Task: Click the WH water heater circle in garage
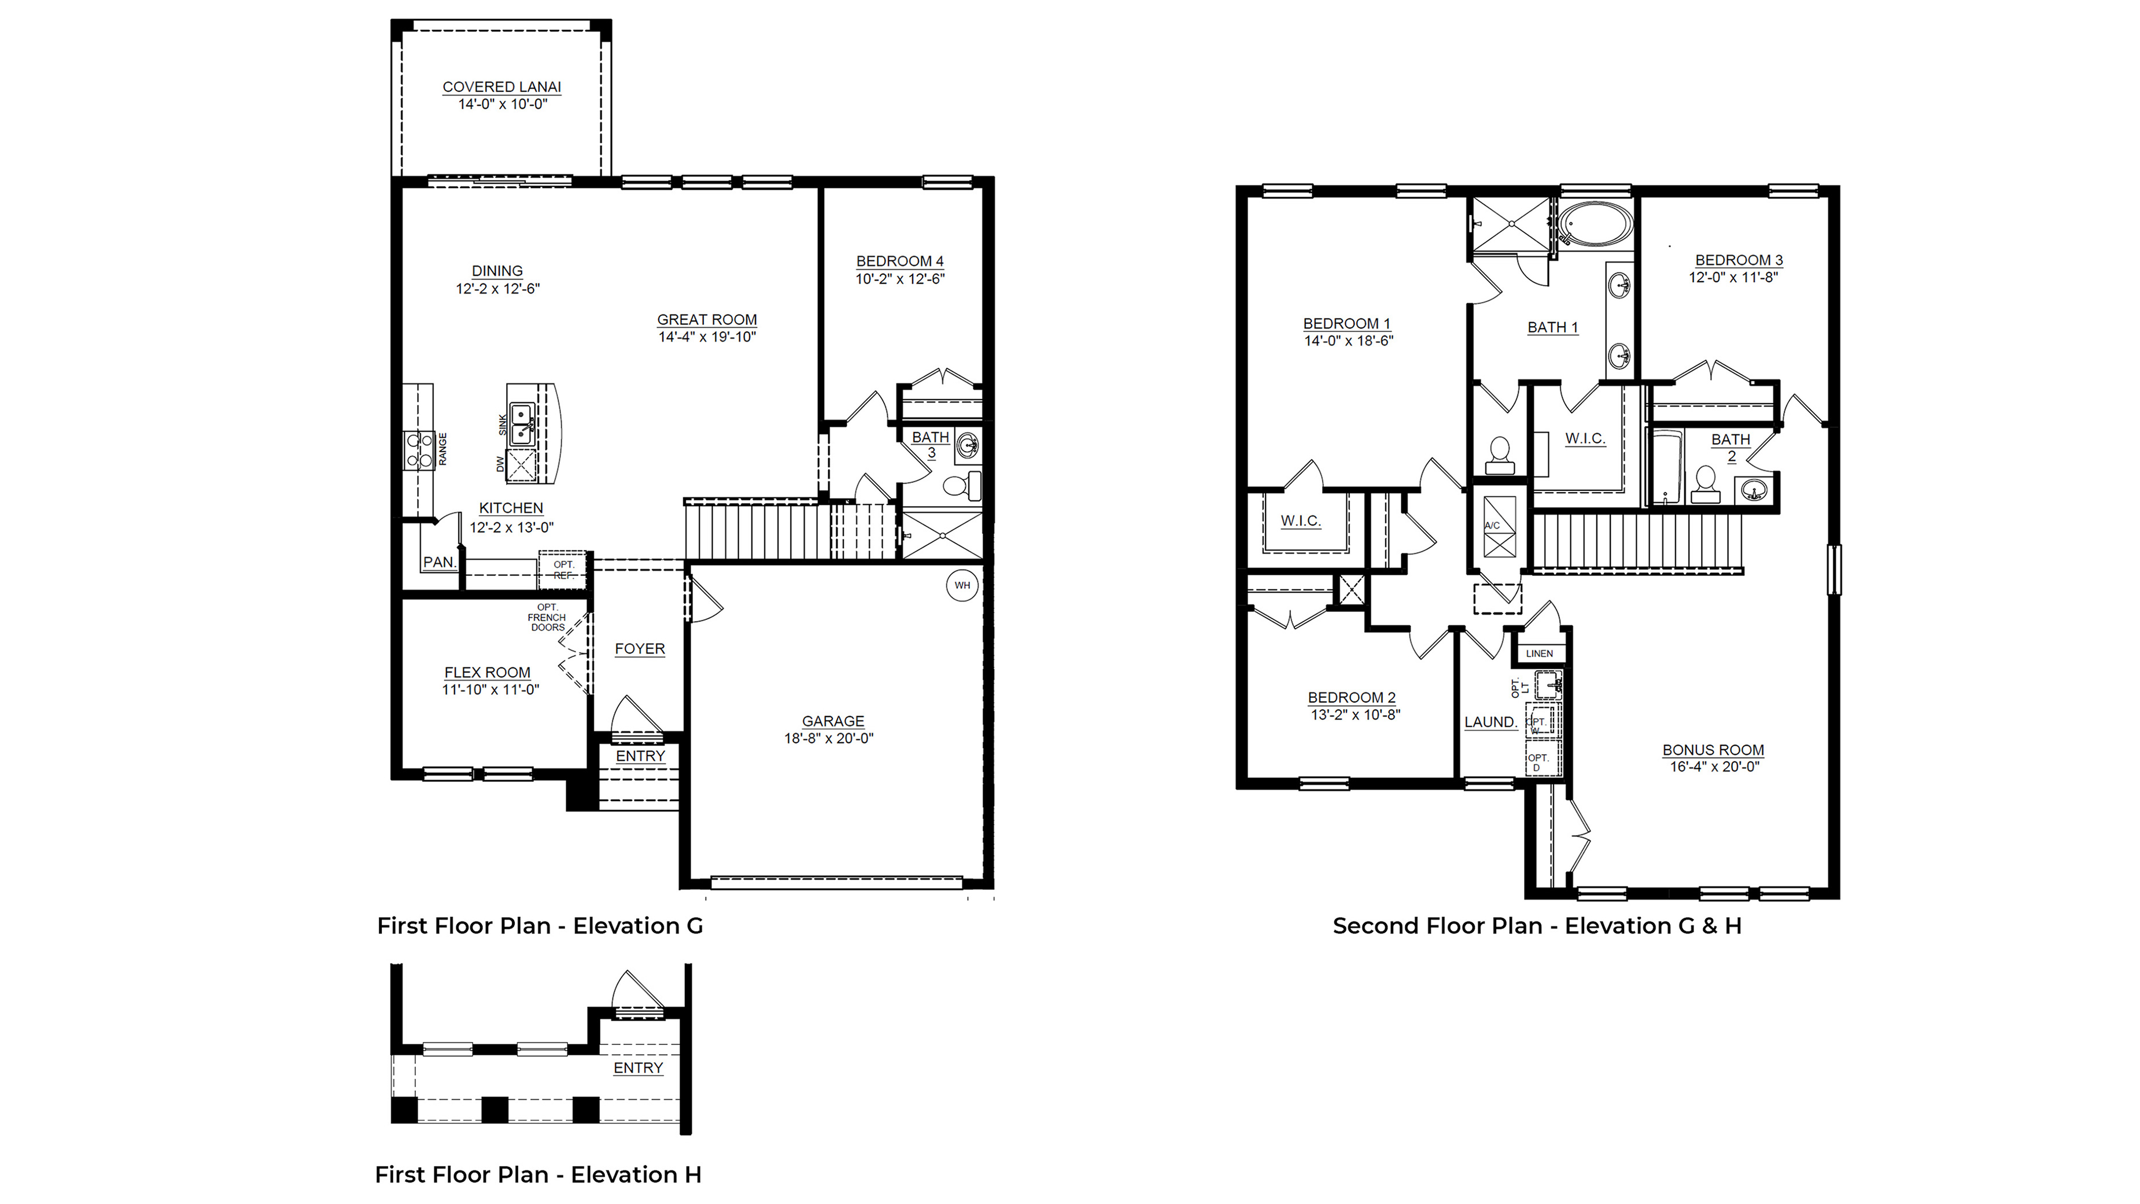coord(962,585)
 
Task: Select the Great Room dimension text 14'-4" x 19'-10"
coord(707,337)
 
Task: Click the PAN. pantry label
coord(440,562)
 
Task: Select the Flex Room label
coord(487,673)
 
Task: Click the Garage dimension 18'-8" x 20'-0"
coord(828,738)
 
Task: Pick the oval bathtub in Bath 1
coord(1594,225)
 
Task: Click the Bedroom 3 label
coord(1739,260)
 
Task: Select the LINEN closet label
coord(1540,653)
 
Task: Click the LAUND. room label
coord(1490,722)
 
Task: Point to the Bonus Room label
coord(1713,750)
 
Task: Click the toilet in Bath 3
coord(961,486)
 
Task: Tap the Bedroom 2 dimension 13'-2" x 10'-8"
coord(1355,715)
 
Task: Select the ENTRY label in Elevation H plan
coord(638,1068)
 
